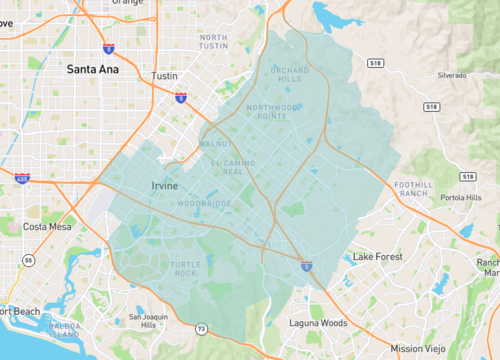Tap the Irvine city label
[166, 186]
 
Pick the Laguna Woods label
[324, 322]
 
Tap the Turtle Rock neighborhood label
[185, 268]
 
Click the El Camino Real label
[226, 167]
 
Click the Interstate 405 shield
[22, 178]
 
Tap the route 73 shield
[201, 328]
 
